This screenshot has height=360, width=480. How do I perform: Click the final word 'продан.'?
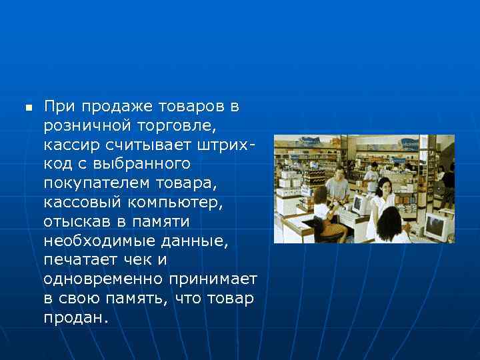(75, 317)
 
